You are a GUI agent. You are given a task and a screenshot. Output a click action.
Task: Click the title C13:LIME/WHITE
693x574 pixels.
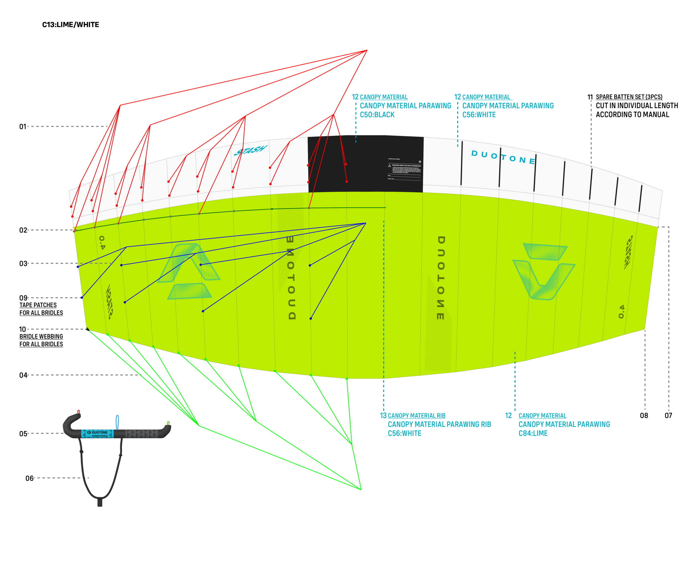70,25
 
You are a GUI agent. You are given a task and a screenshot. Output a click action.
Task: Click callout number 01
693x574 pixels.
22,127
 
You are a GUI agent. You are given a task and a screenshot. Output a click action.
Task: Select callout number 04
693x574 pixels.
23,375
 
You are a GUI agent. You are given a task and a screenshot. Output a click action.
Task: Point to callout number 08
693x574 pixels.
644,416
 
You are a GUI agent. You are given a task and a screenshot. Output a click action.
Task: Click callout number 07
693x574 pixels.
668,416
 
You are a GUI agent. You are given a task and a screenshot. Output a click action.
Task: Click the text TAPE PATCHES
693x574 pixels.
38,305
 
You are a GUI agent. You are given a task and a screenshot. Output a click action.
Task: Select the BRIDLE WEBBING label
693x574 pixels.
41,337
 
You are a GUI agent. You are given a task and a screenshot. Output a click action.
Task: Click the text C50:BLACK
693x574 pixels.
377,115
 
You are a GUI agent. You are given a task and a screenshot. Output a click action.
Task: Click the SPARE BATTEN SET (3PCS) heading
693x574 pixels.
629,97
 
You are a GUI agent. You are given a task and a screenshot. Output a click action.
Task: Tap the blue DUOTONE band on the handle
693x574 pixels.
97,434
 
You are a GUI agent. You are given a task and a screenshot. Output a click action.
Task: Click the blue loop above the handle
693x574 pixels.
117,422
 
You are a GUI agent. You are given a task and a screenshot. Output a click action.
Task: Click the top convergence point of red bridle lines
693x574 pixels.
367,50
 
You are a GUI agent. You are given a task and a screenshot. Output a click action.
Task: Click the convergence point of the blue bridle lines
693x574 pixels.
366,223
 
